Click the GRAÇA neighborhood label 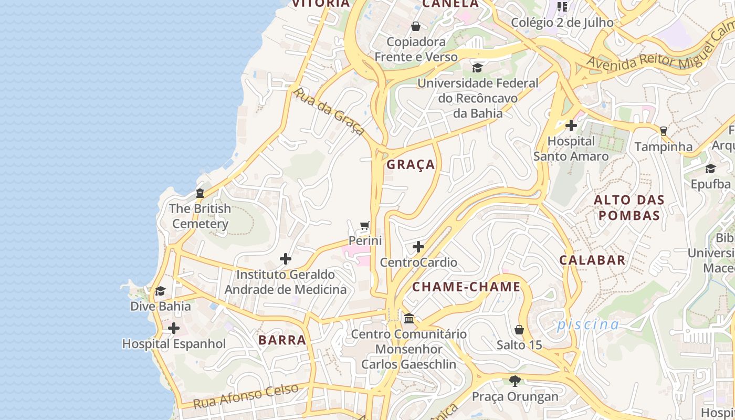click(x=411, y=165)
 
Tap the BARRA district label click(x=282, y=340)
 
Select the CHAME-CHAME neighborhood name click(x=466, y=287)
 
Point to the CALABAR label click(x=592, y=260)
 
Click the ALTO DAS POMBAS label click(x=629, y=208)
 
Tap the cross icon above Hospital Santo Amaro click(x=571, y=126)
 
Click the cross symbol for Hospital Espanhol click(x=173, y=329)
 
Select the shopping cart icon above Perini click(x=365, y=226)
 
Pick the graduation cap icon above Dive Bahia click(x=160, y=291)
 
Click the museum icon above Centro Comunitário click(x=409, y=319)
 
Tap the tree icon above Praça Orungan click(x=515, y=381)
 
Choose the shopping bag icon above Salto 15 click(x=519, y=330)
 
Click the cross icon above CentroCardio click(x=418, y=247)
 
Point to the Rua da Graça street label click(x=328, y=111)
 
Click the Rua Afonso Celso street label click(x=246, y=396)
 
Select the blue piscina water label click(x=588, y=324)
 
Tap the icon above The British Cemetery click(x=200, y=193)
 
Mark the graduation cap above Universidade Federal click(x=477, y=68)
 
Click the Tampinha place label click(x=664, y=146)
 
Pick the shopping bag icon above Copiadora click(x=416, y=26)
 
